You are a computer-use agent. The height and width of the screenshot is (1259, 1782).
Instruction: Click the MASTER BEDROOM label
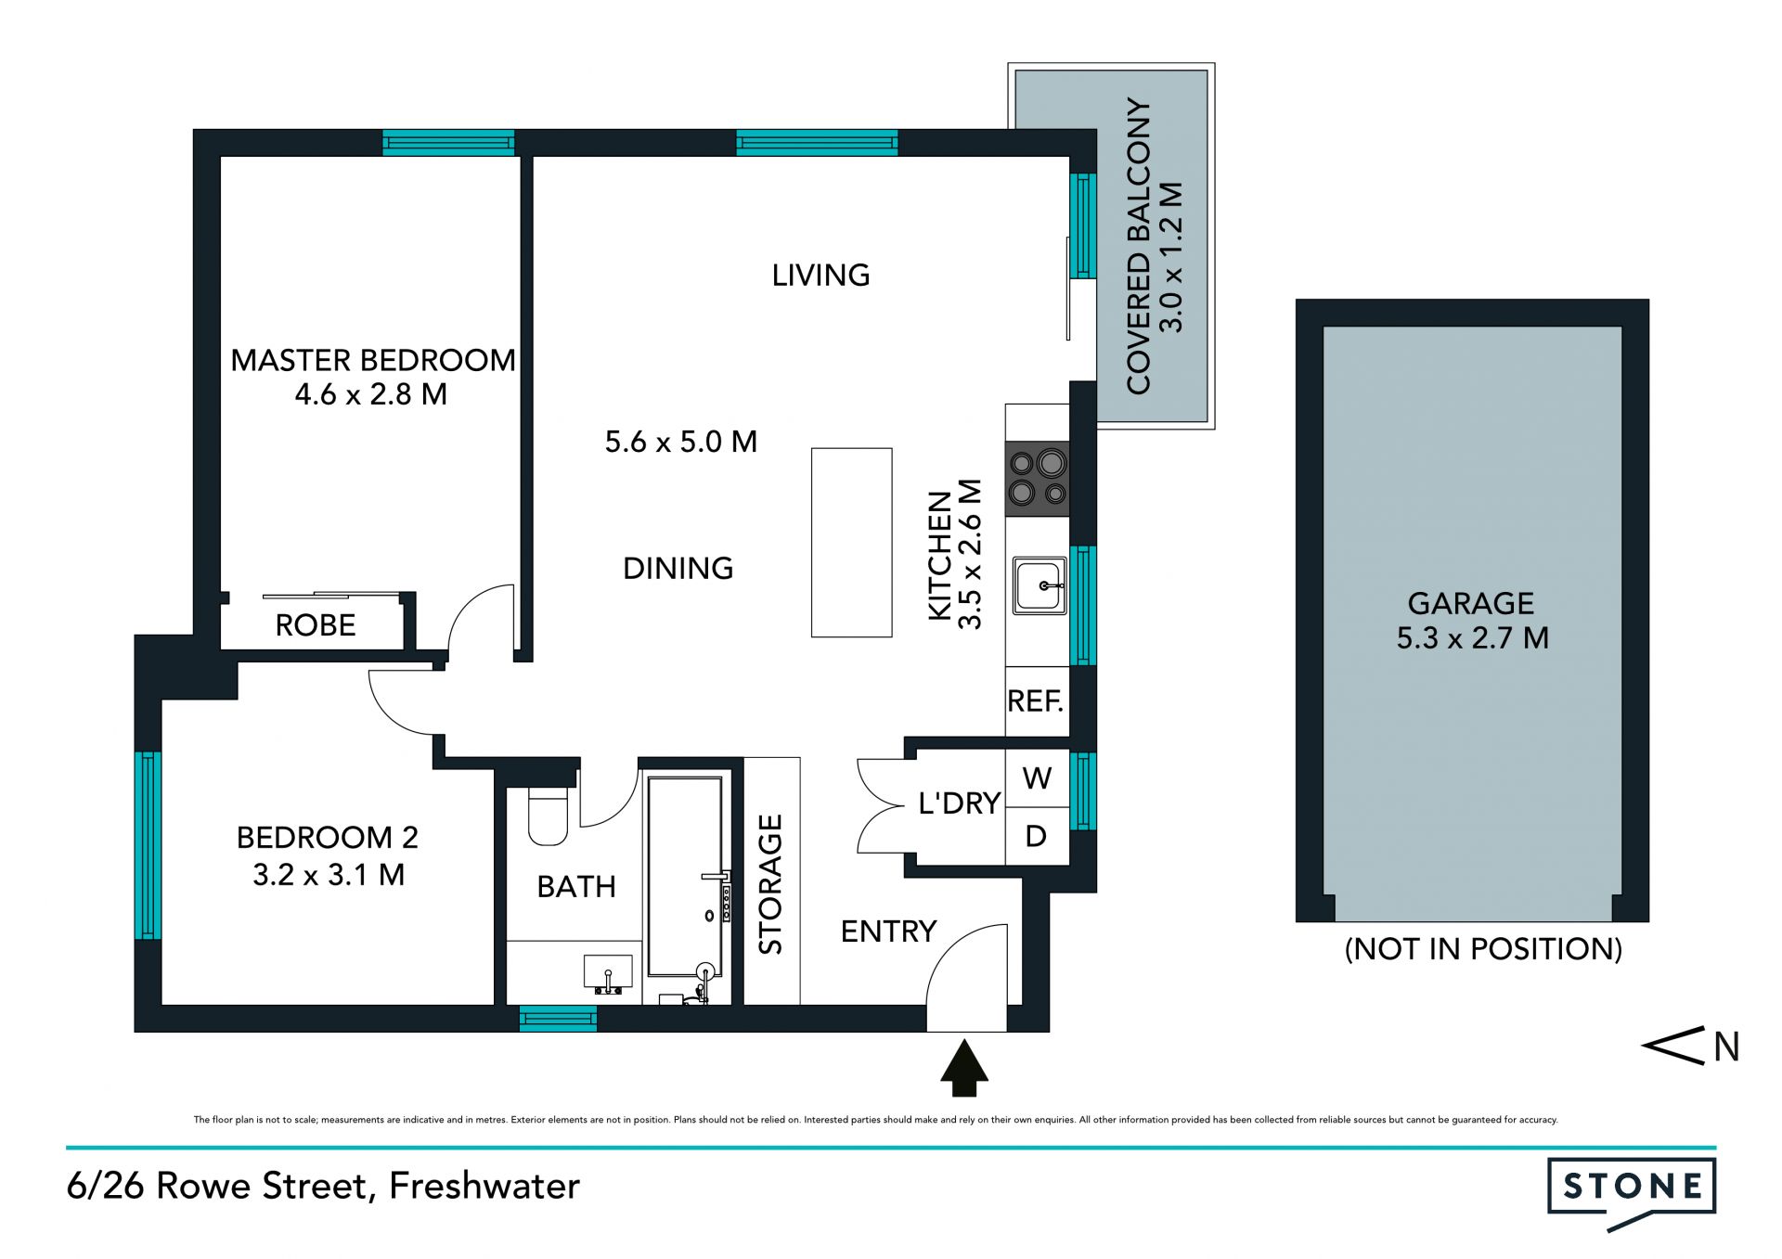pyautogui.click(x=372, y=360)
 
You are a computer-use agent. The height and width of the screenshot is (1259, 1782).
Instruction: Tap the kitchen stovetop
pyautogui.click(x=1038, y=479)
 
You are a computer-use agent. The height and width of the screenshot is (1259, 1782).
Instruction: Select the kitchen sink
pyautogui.click(x=1039, y=585)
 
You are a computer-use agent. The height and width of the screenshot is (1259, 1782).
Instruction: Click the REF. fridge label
pyautogui.click(x=1036, y=700)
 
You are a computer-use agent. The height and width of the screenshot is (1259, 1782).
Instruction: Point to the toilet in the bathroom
pyautogui.click(x=548, y=816)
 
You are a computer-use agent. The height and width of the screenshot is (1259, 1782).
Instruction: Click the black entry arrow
pyautogui.click(x=965, y=1067)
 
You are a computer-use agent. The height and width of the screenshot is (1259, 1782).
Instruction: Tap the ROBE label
pyautogui.click(x=316, y=625)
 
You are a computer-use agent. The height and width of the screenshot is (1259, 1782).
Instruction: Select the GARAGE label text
pyautogui.click(x=1471, y=603)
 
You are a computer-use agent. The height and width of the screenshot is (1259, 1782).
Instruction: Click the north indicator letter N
pyautogui.click(x=1726, y=1047)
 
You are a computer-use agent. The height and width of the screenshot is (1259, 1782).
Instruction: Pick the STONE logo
pyautogui.click(x=1632, y=1191)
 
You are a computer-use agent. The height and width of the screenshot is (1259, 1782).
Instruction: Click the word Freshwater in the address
pyautogui.click(x=484, y=1186)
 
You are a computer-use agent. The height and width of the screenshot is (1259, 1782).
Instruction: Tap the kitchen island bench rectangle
pyautogui.click(x=852, y=543)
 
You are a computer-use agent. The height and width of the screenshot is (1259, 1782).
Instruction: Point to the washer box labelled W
pyautogui.click(x=1038, y=778)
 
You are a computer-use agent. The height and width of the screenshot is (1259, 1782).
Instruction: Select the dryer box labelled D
pyautogui.click(x=1038, y=837)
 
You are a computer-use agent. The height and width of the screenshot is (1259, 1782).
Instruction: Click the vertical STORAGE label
pyautogui.click(x=771, y=884)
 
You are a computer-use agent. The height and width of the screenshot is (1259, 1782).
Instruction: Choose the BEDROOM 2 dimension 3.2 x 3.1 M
pyautogui.click(x=329, y=875)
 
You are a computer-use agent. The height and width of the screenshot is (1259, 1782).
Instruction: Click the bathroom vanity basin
pyautogui.click(x=608, y=973)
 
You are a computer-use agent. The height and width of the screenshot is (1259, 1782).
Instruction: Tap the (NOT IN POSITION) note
pyautogui.click(x=1483, y=949)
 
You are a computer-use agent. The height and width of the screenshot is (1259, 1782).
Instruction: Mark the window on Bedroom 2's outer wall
pyautogui.click(x=148, y=845)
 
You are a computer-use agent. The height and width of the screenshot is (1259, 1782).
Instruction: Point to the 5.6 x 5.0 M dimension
pyautogui.click(x=681, y=442)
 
